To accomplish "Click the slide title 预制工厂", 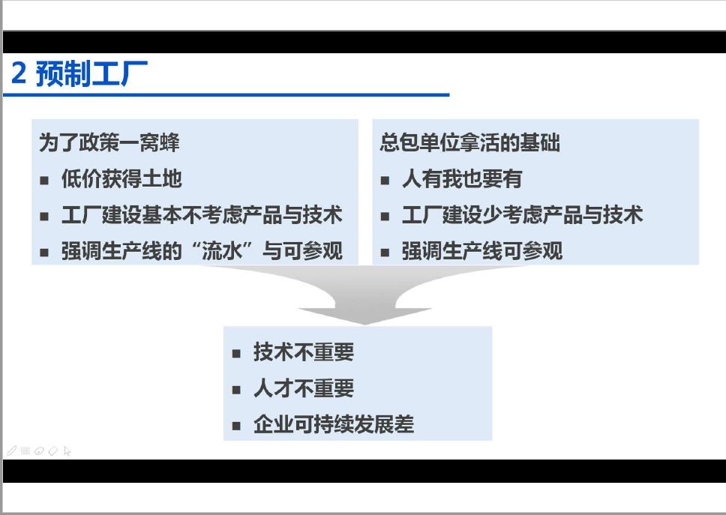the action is (x=91, y=73).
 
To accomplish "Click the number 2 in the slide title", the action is (x=19, y=73).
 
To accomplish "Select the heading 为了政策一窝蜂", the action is (x=109, y=142).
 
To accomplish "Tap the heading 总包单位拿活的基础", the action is (x=469, y=142).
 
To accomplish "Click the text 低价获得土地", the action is (x=121, y=178).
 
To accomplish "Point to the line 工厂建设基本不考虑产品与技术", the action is (x=202, y=214).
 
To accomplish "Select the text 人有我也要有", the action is (x=462, y=178).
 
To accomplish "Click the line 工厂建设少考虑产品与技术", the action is (x=522, y=214).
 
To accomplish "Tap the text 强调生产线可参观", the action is (x=482, y=251).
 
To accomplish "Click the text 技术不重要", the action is (x=304, y=352).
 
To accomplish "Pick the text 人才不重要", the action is (x=304, y=388).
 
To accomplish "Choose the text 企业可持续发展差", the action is (x=334, y=424).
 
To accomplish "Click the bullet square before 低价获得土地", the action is (x=44, y=181).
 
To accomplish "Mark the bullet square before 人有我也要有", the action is (x=385, y=181).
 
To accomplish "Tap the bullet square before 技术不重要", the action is (x=236, y=354).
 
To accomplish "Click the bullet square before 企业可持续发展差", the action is (x=236, y=426).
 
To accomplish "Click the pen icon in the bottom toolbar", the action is (x=11, y=451).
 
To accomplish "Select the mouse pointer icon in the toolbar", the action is (x=67, y=451).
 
